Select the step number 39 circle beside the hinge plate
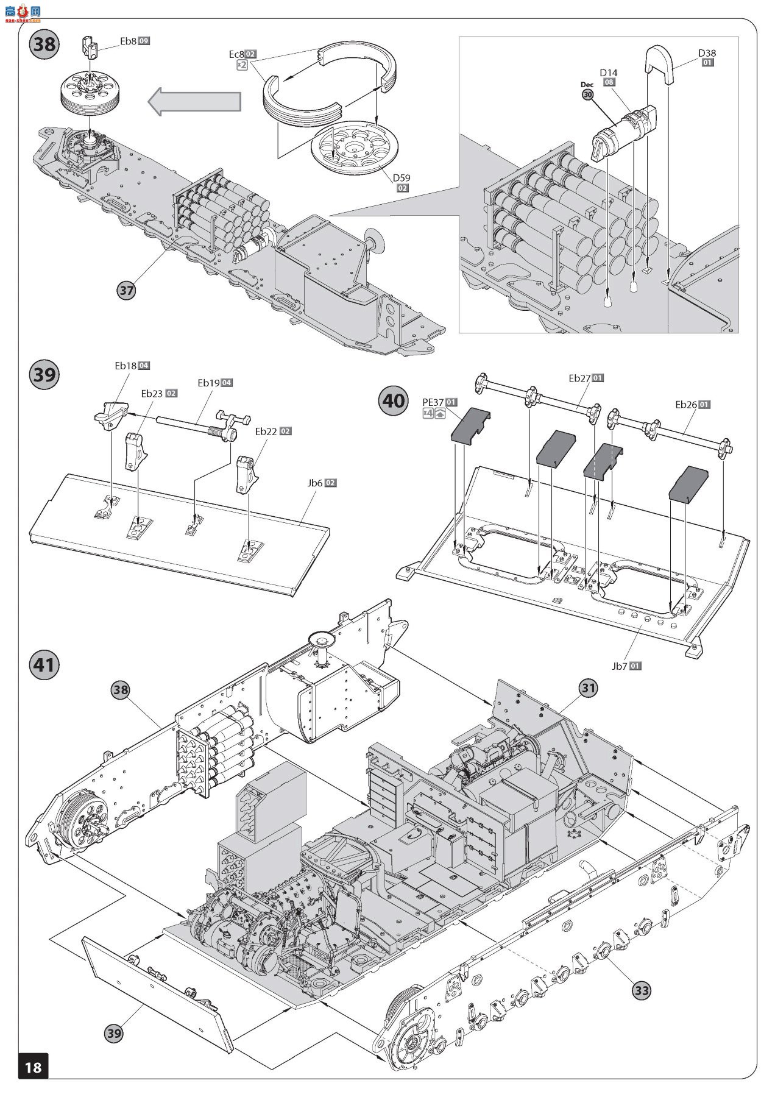[44, 374]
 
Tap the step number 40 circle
[394, 400]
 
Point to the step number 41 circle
[44, 664]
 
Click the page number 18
[33, 1066]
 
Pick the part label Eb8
[128, 41]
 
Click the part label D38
[707, 53]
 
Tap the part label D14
[608, 73]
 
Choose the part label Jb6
[314, 483]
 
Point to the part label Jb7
[619, 666]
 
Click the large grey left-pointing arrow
[194, 101]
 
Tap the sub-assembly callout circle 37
[126, 291]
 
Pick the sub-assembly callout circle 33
[642, 990]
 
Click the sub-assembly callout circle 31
[588, 688]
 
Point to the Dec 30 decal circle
[587, 94]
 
